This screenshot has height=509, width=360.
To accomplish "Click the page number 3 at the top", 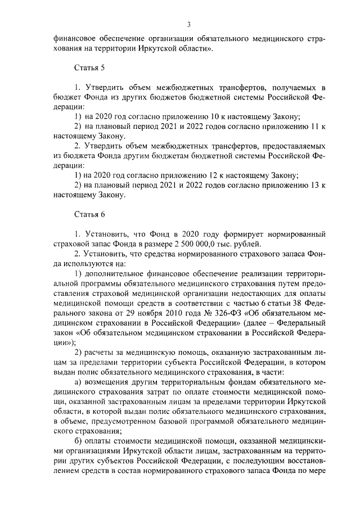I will coord(189,24).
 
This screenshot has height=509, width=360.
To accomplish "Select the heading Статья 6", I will coord(89,214).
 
